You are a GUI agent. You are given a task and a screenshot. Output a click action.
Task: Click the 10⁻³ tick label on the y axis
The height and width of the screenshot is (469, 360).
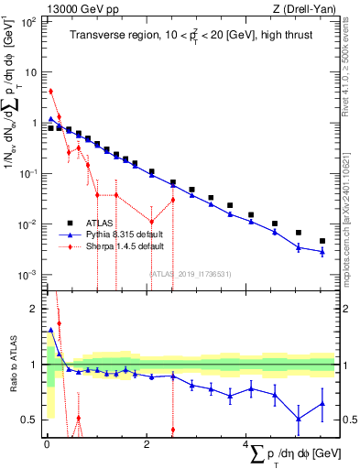(x=29, y=276)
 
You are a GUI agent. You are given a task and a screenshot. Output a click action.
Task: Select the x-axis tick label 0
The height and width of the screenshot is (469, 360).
(x=47, y=446)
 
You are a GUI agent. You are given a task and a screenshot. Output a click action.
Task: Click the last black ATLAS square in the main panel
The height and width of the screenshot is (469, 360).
(x=322, y=241)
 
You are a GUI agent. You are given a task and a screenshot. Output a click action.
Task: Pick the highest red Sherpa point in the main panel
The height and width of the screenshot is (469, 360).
(x=51, y=92)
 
